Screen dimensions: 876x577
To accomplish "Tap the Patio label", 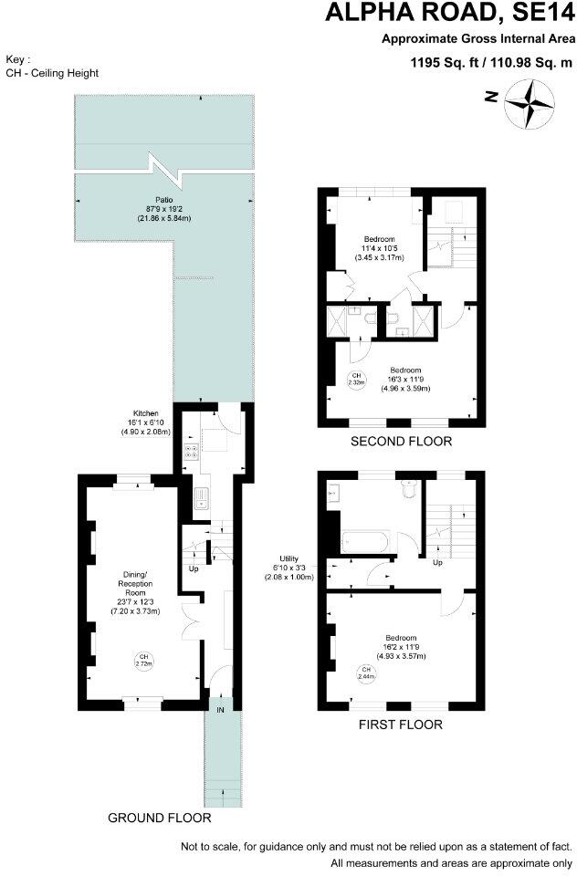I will click(x=164, y=210).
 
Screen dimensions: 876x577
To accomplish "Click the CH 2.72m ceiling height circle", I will click(x=142, y=660).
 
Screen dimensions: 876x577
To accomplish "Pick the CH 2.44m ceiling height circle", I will click(x=365, y=673).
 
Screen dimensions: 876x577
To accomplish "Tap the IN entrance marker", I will click(x=220, y=708).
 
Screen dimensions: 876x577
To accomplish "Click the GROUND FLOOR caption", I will click(x=160, y=818).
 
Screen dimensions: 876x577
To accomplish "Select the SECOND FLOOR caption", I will click(x=402, y=442).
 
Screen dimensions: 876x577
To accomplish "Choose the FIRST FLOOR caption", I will click(x=402, y=725).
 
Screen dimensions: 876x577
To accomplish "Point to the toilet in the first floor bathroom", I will click(x=408, y=492).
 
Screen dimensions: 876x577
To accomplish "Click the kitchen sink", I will click(x=199, y=498).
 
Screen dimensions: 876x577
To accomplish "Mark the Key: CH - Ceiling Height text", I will click(x=52, y=66).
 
